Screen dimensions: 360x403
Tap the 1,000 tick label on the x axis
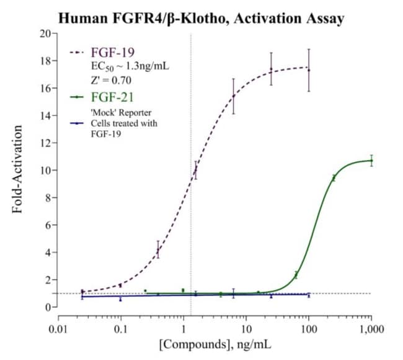[x=371, y=326]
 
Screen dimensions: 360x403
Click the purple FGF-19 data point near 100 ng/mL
[x=309, y=70]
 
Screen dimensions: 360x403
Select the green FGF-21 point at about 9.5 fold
[x=334, y=178]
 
